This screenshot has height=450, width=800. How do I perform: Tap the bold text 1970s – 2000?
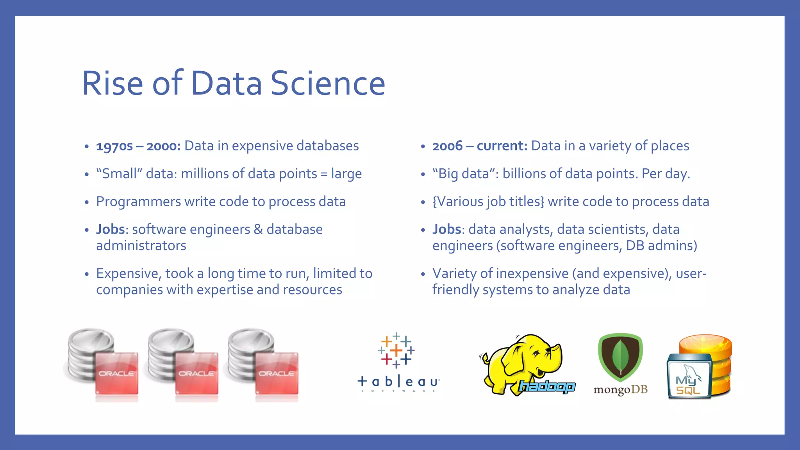pos(138,146)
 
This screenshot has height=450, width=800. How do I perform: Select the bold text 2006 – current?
pos(480,146)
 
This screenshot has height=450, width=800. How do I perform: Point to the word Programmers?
pos(138,202)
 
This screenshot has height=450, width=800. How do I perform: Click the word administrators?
pos(141,246)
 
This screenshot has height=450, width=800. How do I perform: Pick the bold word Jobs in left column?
pos(110,229)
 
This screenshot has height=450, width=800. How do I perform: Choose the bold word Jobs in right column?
pos(446,229)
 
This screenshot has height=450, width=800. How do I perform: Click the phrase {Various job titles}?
pos(488,202)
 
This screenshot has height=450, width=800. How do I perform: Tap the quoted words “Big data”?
pos(463,174)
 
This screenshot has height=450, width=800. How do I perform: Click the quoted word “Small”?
pos(119,174)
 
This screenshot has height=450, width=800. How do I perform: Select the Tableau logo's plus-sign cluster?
pos(396,350)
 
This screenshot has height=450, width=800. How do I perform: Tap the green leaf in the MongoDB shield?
pos(620,356)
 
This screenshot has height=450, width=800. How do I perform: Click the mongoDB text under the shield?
pos(620,390)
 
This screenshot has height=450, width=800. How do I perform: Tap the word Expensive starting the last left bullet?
pos(127,273)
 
